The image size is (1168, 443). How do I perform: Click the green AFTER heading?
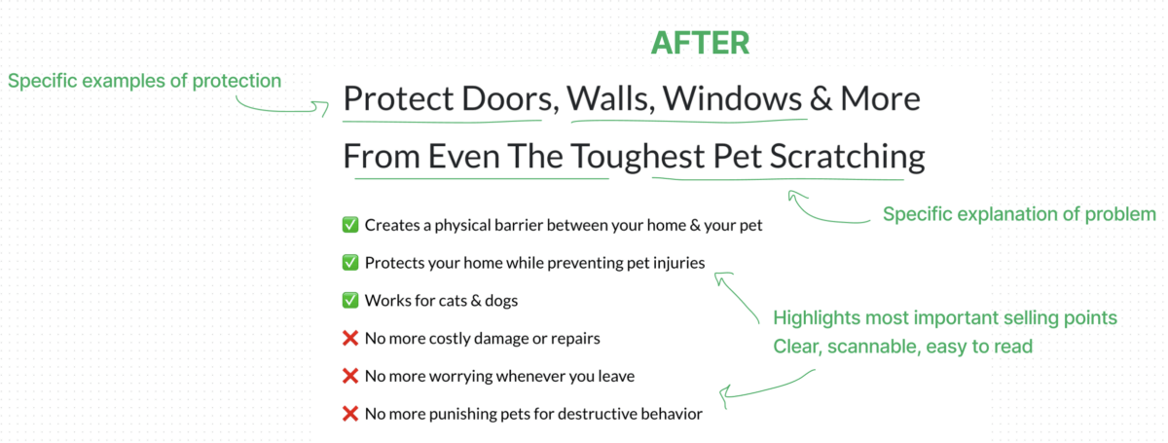click(x=700, y=43)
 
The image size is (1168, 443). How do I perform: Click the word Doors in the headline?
click(x=510, y=98)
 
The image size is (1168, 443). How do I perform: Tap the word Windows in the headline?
click(x=733, y=98)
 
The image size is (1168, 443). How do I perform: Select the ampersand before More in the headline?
click(x=821, y=99)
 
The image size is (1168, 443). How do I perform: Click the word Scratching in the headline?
click(x=848, y=157)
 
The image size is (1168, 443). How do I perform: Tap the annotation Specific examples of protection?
click(x=144, y=81)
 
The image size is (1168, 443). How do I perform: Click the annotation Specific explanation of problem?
click(x=1019, y=214)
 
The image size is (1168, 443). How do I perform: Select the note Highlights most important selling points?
click(x=945, y=317)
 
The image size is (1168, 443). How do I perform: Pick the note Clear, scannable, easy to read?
click(x=902, y=347)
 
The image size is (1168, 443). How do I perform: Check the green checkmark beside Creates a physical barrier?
click(x=350, y=225)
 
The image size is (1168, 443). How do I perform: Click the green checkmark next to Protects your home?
click(x=350, y=263)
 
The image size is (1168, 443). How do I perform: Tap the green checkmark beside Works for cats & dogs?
click(x=350, y=300)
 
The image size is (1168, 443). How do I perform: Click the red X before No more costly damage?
click(x=350, y=338)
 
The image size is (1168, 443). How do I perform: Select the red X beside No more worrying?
click(x=350, y=376)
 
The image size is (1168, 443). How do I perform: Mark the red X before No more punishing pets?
click(x=350, y=414)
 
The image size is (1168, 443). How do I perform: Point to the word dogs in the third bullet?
click(x=501, y=301)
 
